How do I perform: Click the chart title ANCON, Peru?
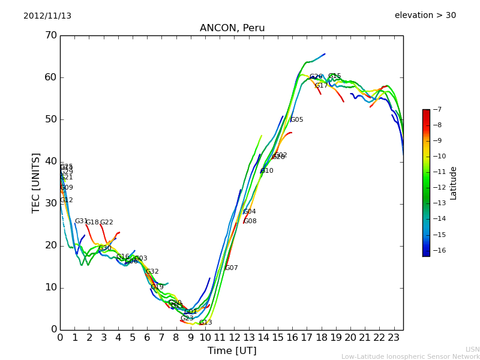click(x=232, y=28)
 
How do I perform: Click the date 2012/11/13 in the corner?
click(x=47, y=16)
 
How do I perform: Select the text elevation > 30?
click(x=425, y=15)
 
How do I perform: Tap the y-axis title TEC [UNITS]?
click(x=36, y=182)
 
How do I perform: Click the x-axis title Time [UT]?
click(x=232, y=351)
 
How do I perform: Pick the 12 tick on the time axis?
click(x=234, y=338)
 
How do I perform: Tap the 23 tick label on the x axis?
click(x=394, y=338)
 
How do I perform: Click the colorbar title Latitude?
click(x=454, y=183)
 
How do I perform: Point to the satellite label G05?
click(x=296, y=120)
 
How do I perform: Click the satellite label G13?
click(x=205, y=323)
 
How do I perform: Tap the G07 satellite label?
click(x=232, y=268)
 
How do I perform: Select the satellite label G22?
click(x=106, y=223)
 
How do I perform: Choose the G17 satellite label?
click(x=322, y=86)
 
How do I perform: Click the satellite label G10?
click(x=266, y=171)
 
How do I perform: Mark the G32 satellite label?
click(x=152, y=272)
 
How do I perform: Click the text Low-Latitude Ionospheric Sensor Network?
click(x=410, y=356)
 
